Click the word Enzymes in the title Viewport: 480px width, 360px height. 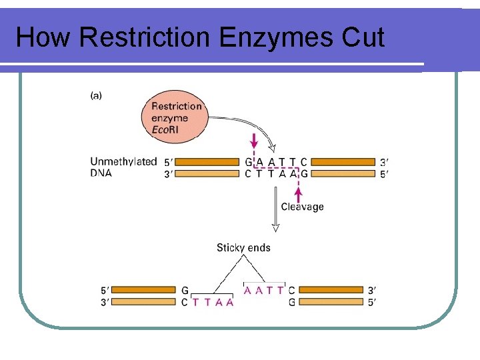[x=276, y=38]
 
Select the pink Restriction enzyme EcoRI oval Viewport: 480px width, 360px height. [x=175, y=117]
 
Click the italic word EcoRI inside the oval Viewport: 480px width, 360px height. [x=165, y=130]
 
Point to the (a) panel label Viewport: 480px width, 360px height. [x=96, y=96]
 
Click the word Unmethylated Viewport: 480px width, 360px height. [x=123, y=161]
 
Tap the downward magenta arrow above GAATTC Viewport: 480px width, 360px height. [x=254, y=141]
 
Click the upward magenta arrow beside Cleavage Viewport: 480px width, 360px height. [x=299, y=195]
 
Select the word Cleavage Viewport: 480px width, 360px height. [x=302, y=207]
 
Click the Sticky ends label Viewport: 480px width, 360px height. [x=243, y=247]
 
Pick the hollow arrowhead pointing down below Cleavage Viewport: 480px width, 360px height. [x=275, y=228]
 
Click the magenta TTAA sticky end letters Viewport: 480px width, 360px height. [x=213, y=303]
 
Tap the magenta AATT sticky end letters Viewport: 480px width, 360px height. [x=263, y=290]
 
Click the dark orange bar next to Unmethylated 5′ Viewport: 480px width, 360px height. [x=207, y=161]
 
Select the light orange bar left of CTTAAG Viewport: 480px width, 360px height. [x=207, y=173]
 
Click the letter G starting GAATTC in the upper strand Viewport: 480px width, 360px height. [x=249, y=162]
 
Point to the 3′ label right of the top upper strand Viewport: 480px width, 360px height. [x=384, y=162]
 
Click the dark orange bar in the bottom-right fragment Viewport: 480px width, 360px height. [x=331, y=289]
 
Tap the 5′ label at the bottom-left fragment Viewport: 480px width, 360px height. [x=105, y=290]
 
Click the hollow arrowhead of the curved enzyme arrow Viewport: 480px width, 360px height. [x=272, y=148]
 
